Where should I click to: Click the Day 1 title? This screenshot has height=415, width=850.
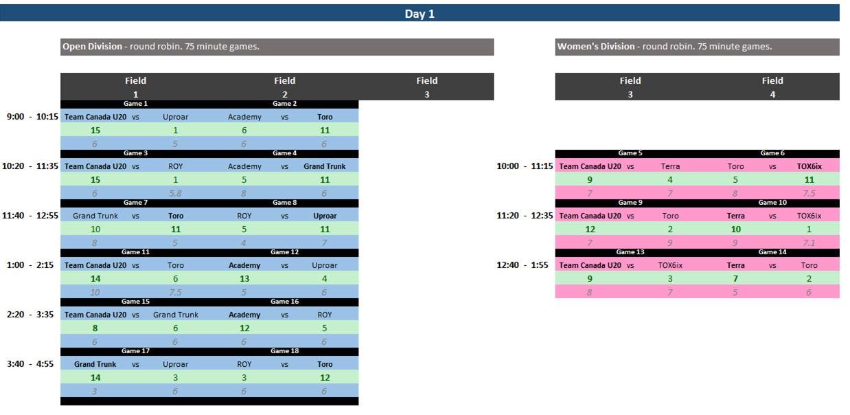click(419, 14)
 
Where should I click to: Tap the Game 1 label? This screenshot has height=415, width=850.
click(135, 104)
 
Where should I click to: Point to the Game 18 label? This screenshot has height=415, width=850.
click(285, 351)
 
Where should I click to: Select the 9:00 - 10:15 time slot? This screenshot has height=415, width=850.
click(33, 117)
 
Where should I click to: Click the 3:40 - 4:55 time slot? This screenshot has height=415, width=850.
click(30, 364)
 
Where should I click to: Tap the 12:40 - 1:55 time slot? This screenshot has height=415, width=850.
click(522, 265)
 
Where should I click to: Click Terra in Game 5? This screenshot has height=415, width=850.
click(670, 166)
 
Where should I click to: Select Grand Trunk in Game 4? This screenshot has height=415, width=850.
click(325, 166)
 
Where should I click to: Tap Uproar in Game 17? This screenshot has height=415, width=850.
click(176, 364)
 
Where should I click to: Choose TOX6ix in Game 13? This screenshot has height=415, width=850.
click(670, 265)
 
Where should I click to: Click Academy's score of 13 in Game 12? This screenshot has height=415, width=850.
click(244, 279)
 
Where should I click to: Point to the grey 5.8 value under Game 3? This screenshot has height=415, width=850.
click(176, 194)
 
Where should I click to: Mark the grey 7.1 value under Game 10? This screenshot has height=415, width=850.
click(809, 243)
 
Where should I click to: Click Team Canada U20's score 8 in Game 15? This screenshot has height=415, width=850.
click(95, 328)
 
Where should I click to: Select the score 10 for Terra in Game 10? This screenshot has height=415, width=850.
click(735, 229)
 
